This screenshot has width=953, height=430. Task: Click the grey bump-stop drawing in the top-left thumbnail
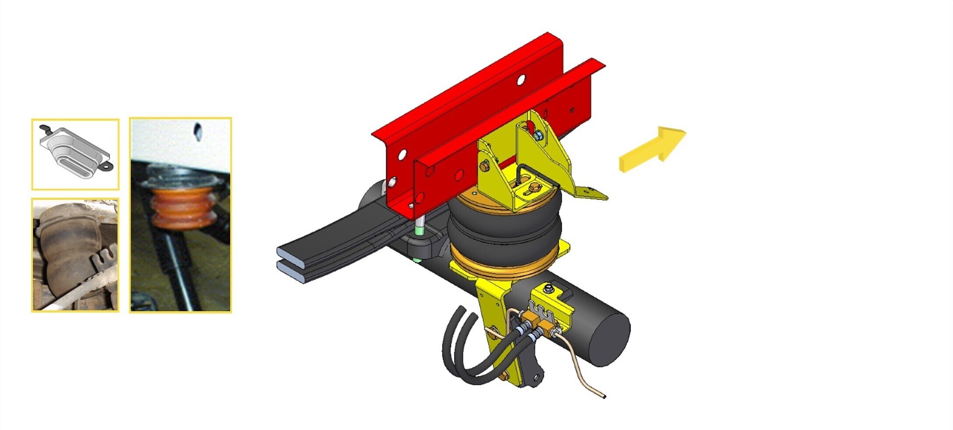click(75, 153)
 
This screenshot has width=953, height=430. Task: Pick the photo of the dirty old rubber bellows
click(75, 255)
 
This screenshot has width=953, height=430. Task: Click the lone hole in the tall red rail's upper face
click(521, 80)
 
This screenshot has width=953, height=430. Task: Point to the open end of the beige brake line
click(604, 396)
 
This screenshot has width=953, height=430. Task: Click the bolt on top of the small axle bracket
click(548, 289)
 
